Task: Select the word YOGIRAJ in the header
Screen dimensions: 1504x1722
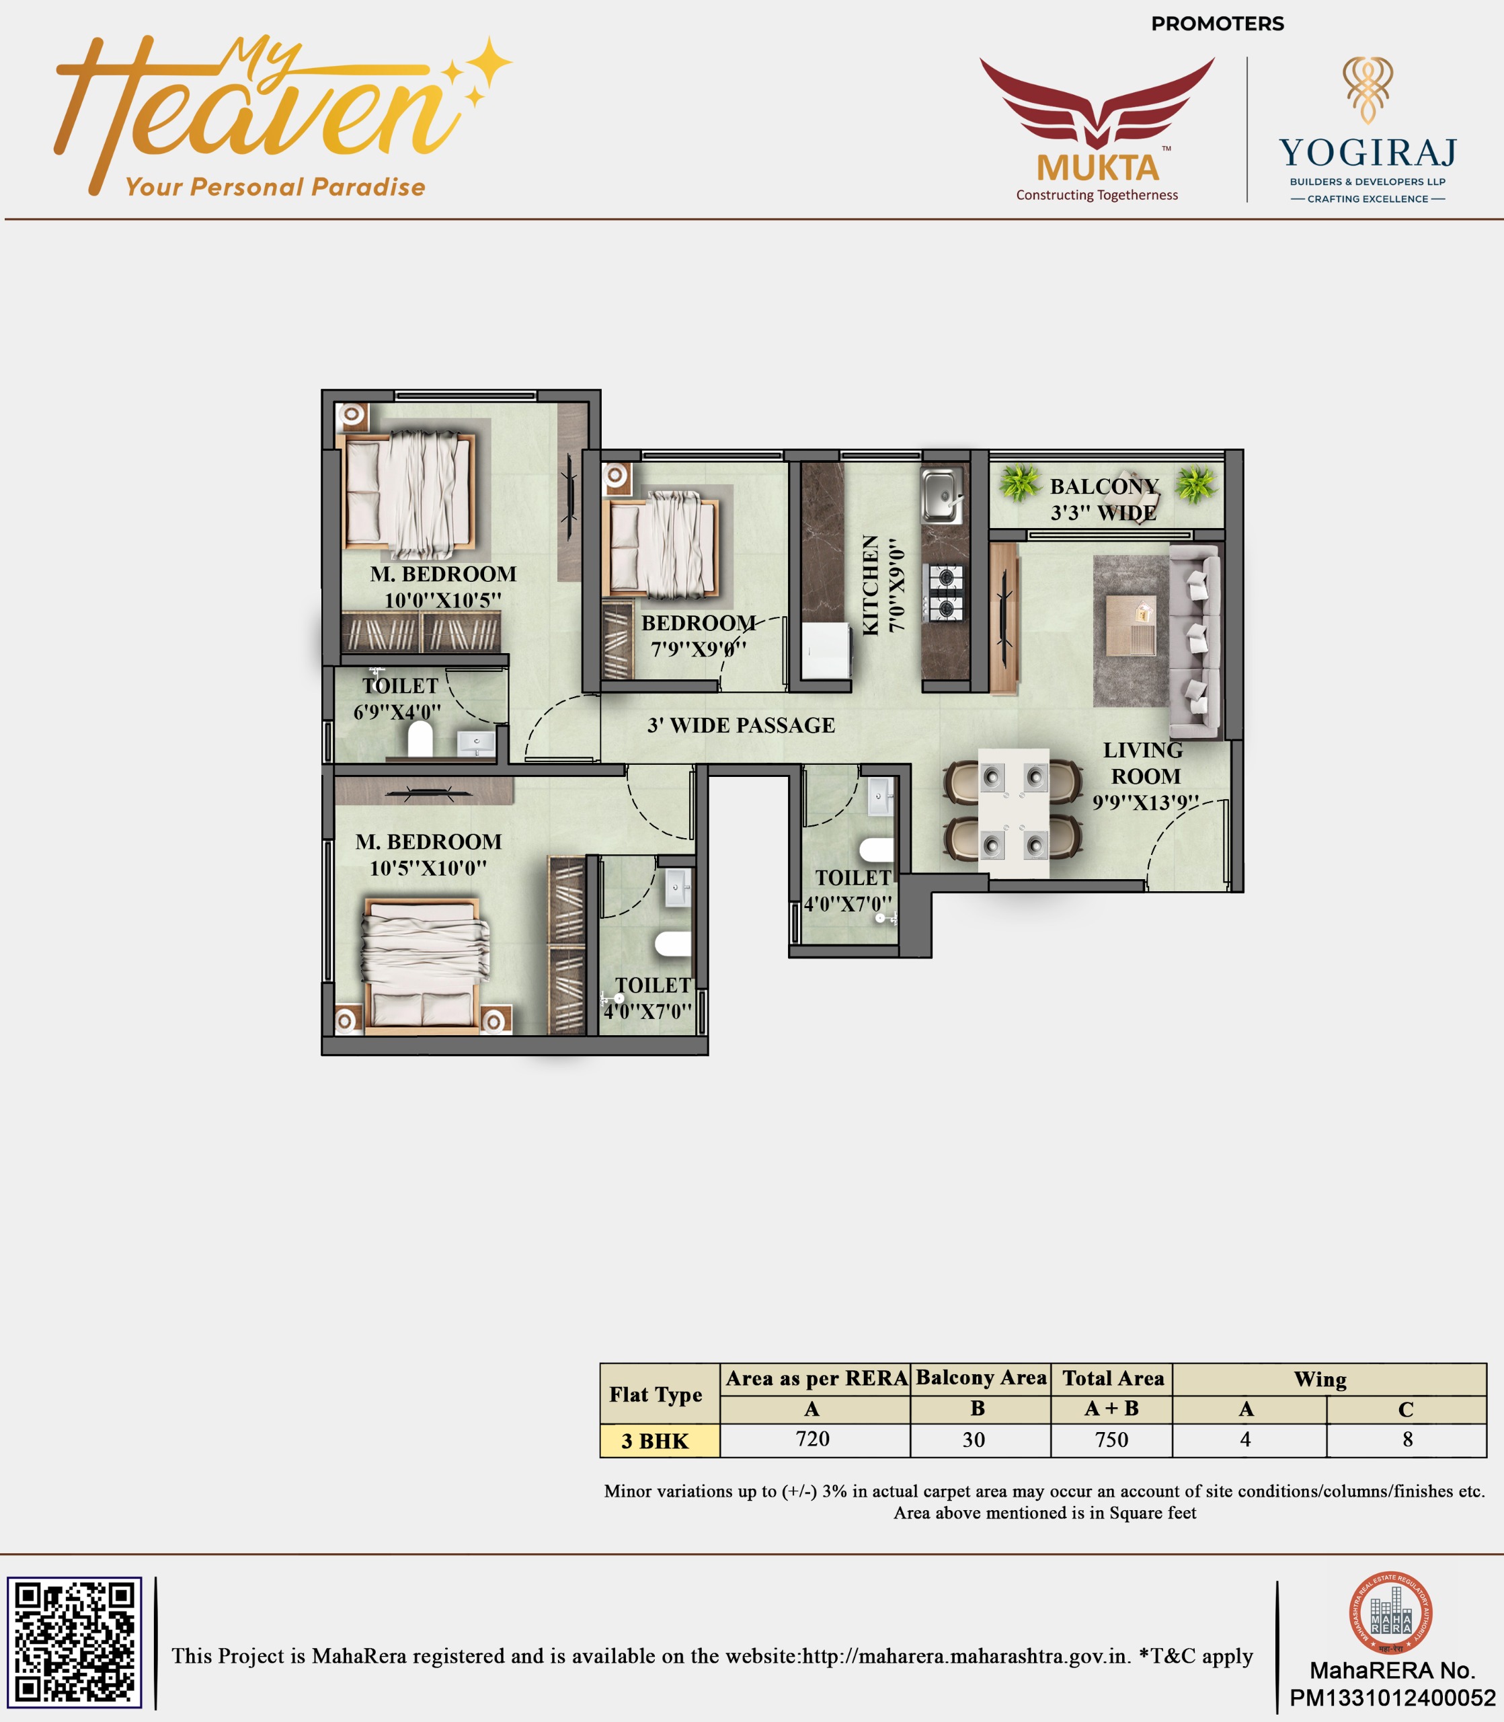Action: click(1368, 153)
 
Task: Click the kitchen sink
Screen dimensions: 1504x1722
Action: click(943, 495)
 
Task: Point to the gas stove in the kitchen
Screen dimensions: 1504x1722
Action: click(945, 592)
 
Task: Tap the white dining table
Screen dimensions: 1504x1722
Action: click(1013, 813)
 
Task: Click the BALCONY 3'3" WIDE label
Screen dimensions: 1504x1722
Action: click(1104, 500)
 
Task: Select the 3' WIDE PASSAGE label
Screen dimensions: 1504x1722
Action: click(741, 725)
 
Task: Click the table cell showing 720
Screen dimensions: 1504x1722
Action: click(812, 1439)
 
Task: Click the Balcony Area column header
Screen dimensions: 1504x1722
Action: click(981, 1378)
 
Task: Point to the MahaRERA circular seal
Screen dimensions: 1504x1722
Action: click(1390, 1613)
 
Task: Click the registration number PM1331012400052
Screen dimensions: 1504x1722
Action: click(1392, 1698)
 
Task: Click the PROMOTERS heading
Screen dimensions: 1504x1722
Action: click(1217, 24)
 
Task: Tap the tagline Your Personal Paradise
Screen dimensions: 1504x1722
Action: click(275, 186)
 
